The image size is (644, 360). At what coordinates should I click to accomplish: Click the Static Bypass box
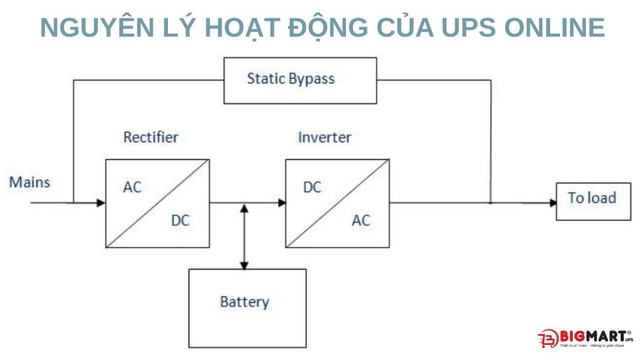coord(300,80)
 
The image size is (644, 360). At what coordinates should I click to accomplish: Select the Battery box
coord(247,308)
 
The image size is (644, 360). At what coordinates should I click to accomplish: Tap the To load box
coord(593,201)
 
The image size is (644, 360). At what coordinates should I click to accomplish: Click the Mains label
coord(30,183)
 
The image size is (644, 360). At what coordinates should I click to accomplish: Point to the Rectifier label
coord(150,137)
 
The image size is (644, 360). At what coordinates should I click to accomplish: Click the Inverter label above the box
coord(325,137)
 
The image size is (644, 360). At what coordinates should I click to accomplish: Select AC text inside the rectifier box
coord(133,188)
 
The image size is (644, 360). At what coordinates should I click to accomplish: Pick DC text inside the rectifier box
coord(180,220)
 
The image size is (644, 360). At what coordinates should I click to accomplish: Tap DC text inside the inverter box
coord(312,188)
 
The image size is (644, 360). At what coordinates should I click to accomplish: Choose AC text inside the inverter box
coord(361,220)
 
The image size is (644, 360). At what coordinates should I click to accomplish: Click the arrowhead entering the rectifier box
coord(100,203)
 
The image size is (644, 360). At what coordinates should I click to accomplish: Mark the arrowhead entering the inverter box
coord(282,203)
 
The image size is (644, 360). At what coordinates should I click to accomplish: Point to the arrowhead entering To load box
coord(552,203)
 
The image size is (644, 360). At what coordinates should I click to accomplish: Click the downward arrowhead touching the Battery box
coord(244,264)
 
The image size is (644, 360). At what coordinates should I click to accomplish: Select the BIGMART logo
coord(584,338)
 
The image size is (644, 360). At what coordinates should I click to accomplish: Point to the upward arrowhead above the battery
coord(244,208)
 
